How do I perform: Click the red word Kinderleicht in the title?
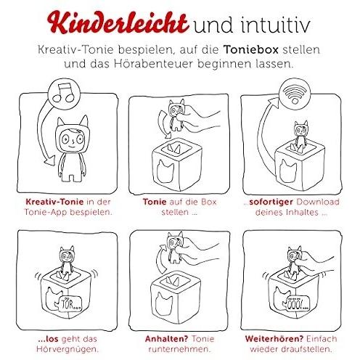tap(118, 23)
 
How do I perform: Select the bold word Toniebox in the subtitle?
tap(251, 49)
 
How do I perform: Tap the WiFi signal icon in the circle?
tap(295, 93)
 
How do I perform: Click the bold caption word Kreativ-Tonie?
tap(54, 202)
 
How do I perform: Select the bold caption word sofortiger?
tap(271, 202)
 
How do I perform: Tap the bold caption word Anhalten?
tap(166, 339)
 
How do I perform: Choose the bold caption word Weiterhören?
tap(274, 339)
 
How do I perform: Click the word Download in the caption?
tap(318, 202)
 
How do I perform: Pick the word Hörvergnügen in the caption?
tap(67, 349)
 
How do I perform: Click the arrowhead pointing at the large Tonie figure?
tap(50, 161)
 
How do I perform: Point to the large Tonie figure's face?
tap(72, 140)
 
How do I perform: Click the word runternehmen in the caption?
tap(179, 349)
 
